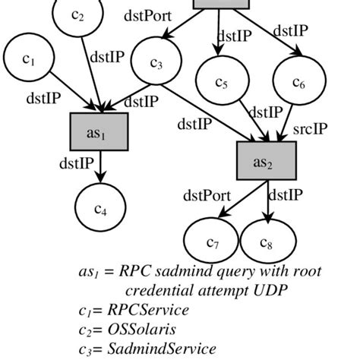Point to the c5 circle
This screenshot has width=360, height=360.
pos(221,81)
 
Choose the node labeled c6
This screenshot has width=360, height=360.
pos(298,81)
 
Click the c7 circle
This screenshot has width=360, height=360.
pos(212,243)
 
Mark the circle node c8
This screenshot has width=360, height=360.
pos(267,243)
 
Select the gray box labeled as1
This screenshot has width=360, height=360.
pos(99,133)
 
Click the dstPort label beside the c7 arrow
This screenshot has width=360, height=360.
pos(207,196)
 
